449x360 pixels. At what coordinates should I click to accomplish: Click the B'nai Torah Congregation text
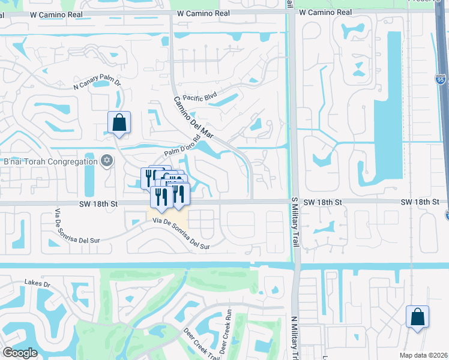50,161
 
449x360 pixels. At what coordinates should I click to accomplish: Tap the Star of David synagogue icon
107,161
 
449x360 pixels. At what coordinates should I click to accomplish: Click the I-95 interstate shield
442,79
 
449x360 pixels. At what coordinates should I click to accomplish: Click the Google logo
20,353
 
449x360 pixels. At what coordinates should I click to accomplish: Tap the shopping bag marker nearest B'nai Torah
119,123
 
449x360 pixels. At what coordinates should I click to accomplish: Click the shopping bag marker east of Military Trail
417,317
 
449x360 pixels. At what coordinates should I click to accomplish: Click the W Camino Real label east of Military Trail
324,12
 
